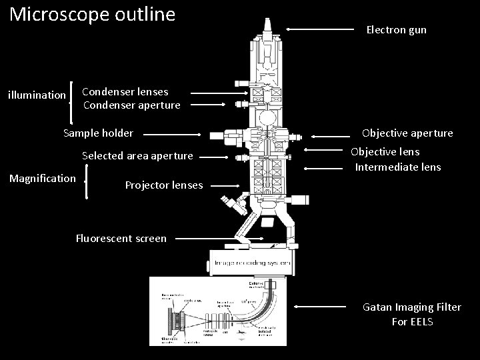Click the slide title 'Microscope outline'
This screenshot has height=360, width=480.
pyautogui.click(x=93, y=14)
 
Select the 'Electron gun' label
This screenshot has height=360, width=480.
pyautogui.click(x=396, y=30)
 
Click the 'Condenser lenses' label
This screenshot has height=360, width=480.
pyautogui.click(x=125, y=91)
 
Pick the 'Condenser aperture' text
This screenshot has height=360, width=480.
pyautogui.click(x=131, y=105)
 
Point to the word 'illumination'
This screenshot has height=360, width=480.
pyautogui.click(x=37, y=95)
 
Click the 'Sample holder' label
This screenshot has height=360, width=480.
pyautogui.click(x=98, y=133)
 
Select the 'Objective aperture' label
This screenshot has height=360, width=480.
pyautogui.click(x=407, y=133)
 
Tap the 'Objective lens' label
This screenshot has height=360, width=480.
pyautogui.click(x=385, y=151)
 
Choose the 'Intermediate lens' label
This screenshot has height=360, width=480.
pyautogui.click(x=397, y=167)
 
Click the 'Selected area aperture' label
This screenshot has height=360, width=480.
pyautogui.click(x=137, y=155)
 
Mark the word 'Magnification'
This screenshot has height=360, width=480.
pyautogui.click(x=42, y=178)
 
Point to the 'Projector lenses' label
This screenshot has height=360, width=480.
pyautogui.click(x=164, y=185)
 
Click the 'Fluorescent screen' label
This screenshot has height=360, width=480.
pyautogui.click(x=121, y=238)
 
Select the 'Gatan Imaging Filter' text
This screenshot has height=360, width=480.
pyautogui.click(x=411, y=307)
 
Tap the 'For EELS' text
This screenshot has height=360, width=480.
pyautogui.click(x=412, y=322)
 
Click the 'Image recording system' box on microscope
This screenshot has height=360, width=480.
pyautogui.click(x=251, y=263)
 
